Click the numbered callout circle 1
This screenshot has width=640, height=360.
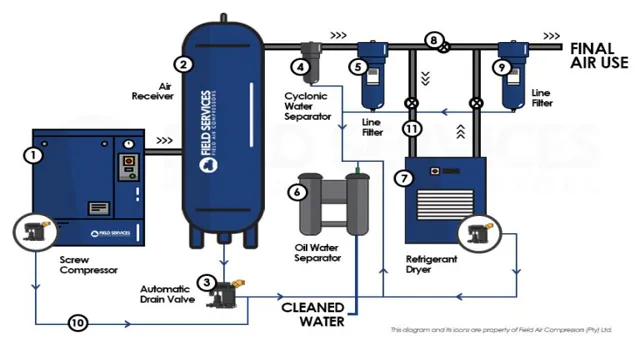pos(34,155)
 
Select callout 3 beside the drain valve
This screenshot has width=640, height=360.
pos(206,283)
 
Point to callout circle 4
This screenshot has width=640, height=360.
pos(298,67)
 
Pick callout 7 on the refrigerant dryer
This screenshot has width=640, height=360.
pos(403,178)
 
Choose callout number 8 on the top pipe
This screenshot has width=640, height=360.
pos(433,41)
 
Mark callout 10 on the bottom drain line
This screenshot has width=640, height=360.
pos(75,322)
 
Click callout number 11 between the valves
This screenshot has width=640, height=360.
pos(410,129)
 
